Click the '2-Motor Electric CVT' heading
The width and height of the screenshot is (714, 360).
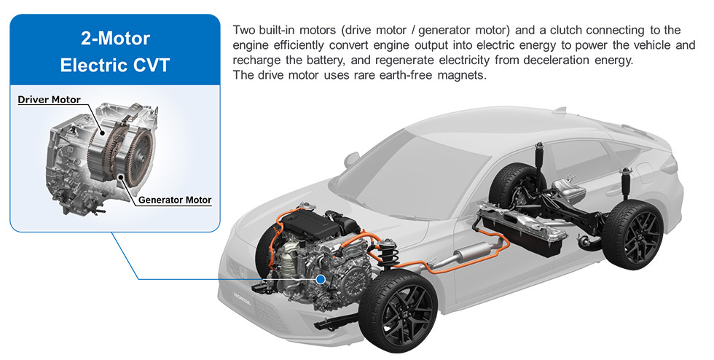[x=115, y=52]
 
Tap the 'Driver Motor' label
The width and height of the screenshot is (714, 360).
[x=50, y=100]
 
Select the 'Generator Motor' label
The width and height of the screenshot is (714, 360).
[x=175, y=200]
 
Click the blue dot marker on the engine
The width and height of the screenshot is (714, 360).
[x=321, y=279]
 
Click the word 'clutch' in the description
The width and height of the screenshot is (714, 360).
[x=565, y=31]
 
